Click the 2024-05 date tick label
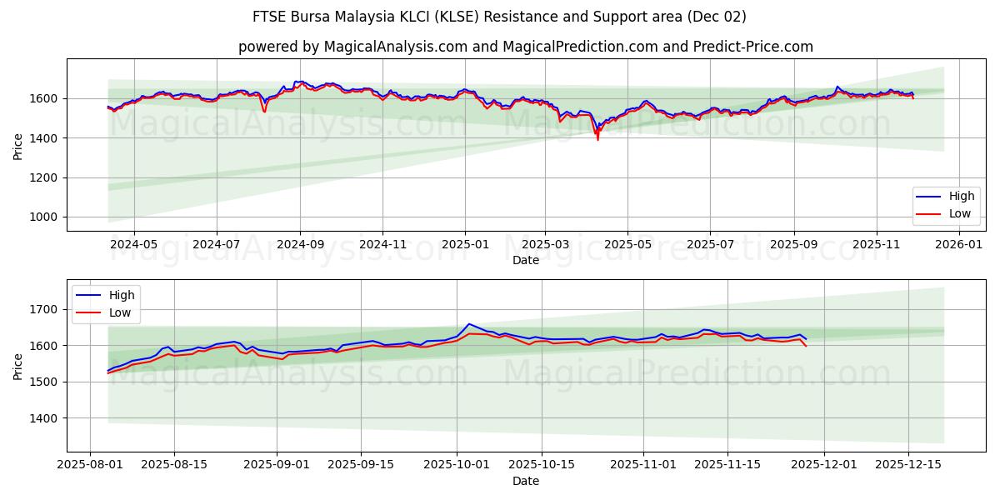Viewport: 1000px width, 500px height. [x=134, y=244]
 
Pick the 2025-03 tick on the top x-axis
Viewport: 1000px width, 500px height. [x=545, y=244]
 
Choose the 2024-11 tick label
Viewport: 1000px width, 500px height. [x=382, y=244]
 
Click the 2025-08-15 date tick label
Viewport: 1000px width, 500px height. [x=174, y=464]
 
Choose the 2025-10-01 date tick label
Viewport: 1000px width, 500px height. [x=457, y=464]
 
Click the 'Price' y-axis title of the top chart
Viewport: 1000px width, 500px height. [x=18, y=146]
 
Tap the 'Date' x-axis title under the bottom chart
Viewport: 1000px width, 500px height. [x=525, y=481]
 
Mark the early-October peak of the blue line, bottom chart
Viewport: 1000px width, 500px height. [x=469, y=323]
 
